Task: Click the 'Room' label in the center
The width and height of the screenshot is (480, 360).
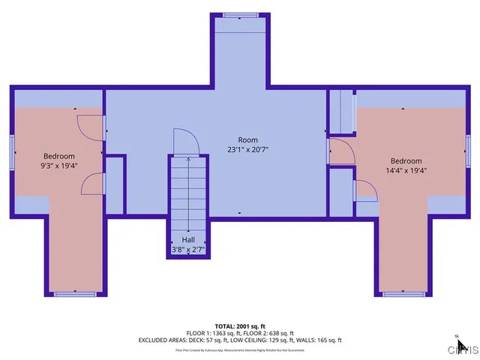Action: coord(247,140)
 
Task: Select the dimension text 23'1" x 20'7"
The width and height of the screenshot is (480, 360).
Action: coord(247,149)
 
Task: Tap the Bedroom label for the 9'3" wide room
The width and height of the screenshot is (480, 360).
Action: coord(58,157)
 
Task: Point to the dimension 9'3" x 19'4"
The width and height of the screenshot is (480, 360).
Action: coord(58,166)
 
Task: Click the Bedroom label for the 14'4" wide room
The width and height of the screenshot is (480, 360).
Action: coord(406,161)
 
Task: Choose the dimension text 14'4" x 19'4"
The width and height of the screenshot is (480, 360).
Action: coord(406,170)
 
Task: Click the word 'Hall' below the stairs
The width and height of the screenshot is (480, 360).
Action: coord(187,240)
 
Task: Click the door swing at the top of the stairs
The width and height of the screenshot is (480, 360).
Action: coord(184,141)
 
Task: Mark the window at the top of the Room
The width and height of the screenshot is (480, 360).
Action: coord(240,13)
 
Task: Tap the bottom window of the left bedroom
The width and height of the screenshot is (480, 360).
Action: coord(74,293)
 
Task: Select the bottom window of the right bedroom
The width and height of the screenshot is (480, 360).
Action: coord(400,293)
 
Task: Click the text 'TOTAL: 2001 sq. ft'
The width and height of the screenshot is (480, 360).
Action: coord(240,325)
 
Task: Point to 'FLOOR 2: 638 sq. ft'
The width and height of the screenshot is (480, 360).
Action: coord(267,333)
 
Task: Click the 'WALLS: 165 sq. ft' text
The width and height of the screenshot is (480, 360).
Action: coord(321,340)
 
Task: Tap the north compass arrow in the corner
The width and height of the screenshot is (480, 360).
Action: coord(461,346)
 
